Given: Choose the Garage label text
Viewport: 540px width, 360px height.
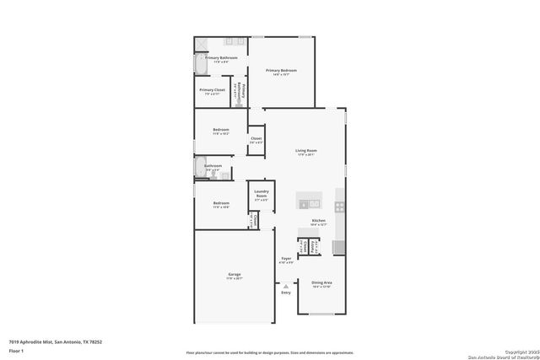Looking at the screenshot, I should (234, 274).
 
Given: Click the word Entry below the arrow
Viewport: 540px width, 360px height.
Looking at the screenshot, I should (286, 292).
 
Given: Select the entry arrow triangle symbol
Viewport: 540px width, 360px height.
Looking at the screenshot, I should (286, 286).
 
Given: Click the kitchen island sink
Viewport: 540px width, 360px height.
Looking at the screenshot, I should (309, 203).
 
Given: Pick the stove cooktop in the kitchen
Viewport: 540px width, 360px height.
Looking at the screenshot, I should (339, 206).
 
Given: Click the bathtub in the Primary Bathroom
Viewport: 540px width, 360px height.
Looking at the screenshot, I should (199, 64).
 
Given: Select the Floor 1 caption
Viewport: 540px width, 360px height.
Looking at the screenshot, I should (16, 350).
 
